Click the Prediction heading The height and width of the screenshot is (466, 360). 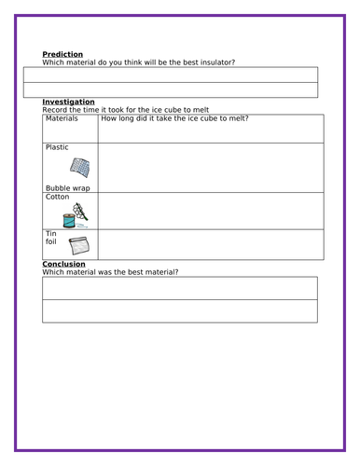[62, 55]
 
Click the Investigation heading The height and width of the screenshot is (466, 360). [68, 102]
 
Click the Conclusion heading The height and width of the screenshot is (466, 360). [64, 264]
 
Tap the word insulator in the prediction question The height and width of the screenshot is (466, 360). [212, 62]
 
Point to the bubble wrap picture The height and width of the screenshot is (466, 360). [80, 169]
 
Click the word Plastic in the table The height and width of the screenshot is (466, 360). [57, 147]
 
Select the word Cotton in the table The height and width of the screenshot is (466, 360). [58, 197]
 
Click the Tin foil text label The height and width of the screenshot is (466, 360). [52, 239]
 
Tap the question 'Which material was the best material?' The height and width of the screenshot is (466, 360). [110, 271]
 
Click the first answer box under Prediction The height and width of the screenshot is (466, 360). [171, 75]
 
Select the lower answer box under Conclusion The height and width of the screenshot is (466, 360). [179, 311]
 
